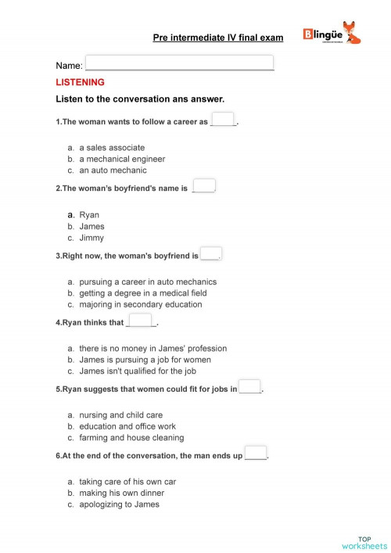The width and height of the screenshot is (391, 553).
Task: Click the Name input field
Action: click(x=179, y=63)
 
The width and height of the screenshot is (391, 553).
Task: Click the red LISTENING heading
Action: click(x=80, y=82)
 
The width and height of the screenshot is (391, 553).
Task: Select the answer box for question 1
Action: click(x=223, y=120)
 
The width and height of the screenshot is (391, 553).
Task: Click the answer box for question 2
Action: click(x=203, y=186)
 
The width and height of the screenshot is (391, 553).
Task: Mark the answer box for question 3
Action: click(x=210, y=253)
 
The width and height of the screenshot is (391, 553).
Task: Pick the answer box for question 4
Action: click(x=140, y=321)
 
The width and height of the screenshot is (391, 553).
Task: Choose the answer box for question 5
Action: click(x=249, y=386)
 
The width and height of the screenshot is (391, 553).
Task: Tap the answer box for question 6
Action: click(x=255, y=453)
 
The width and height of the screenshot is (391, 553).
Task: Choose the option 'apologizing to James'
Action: click(x=119, y=505)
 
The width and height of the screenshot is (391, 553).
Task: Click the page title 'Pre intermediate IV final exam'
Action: click(x=218, y=37)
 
